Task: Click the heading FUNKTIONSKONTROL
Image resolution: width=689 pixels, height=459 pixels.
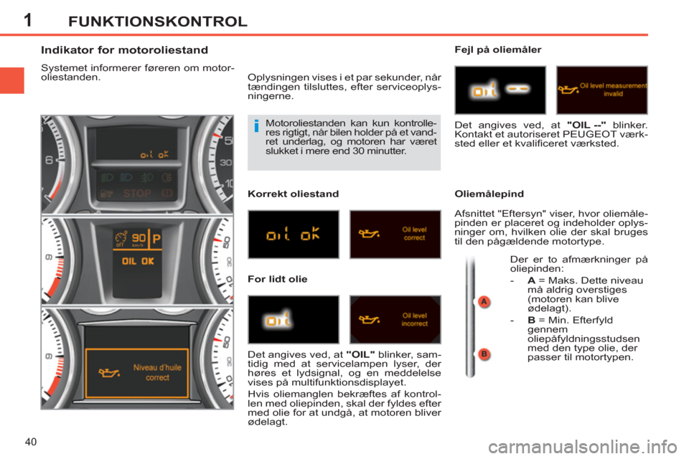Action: pos(158,22)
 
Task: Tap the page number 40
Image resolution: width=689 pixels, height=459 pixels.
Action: pos(31,442)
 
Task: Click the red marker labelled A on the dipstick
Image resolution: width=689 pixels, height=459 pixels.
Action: pos(484,302)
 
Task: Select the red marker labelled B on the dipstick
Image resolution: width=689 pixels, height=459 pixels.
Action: pos(484,354)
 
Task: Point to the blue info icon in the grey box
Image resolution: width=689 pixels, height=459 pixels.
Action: pos(257,126)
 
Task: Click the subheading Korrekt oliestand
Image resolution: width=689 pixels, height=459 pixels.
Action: pos(293,194)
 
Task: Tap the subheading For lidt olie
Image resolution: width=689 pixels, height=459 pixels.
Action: pos(277,279)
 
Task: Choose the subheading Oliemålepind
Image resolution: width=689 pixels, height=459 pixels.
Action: pos(489,194)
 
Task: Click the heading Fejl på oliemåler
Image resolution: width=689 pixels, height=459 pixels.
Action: pos(498,49)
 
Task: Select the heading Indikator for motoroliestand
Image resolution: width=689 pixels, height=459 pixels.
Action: pos(124,50)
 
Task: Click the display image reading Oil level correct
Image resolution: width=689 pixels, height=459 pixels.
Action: pos(395,234)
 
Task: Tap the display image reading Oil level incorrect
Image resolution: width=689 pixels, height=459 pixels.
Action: pos(395,319)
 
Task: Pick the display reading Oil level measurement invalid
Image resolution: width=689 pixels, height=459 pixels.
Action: pos(602,90)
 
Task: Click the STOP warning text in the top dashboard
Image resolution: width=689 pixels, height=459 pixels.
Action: pos(136,193)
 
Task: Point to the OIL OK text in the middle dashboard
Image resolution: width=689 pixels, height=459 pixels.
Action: pos(138,261)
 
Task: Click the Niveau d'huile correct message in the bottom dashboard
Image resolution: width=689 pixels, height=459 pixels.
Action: pos(157,372)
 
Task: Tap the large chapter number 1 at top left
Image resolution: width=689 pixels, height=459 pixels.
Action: pos(28,20)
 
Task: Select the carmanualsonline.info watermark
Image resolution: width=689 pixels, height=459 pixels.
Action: pos(583,447)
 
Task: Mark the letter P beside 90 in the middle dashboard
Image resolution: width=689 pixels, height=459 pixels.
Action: pos(156,240)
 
